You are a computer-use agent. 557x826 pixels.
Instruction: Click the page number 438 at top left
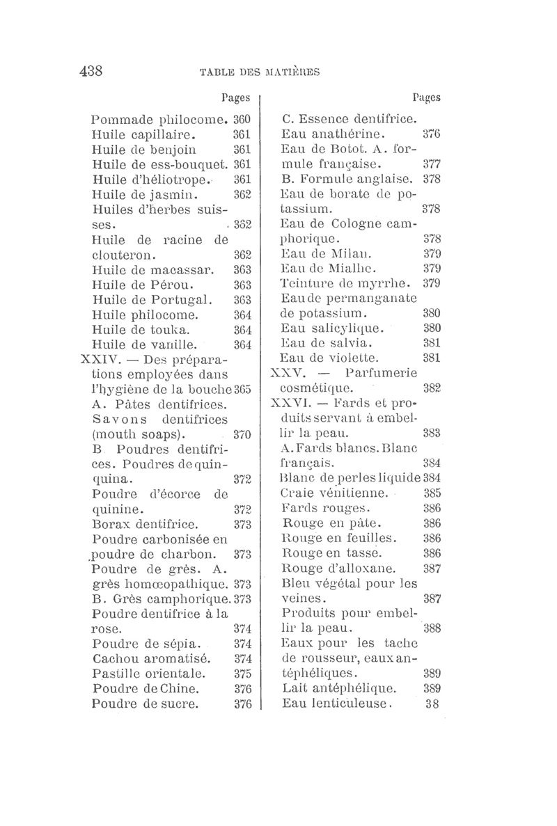(x=91, y=70)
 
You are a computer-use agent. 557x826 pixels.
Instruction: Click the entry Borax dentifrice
(x=146, y=524)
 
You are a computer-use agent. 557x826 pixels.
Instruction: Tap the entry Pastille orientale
(x=148, y=673)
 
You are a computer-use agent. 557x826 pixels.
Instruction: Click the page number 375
(x=242, y=673)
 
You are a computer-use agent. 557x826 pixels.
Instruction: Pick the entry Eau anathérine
(x=334, y=134)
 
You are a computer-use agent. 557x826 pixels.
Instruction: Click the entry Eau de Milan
(x=325, y=253)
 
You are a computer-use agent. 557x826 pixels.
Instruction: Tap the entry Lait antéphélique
(x=339, y=688)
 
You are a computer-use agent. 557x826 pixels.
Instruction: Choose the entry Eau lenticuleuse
(x=338, y=704)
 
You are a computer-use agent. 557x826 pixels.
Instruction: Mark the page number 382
(x=432, y=388)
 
